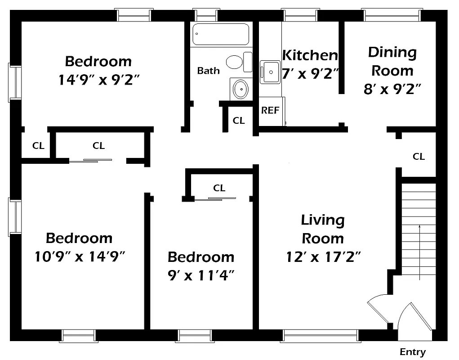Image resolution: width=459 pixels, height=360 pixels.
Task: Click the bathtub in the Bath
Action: (221, 34)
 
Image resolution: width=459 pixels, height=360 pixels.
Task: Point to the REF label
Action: (270, 110)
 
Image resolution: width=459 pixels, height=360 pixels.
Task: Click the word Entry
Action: (412, 352)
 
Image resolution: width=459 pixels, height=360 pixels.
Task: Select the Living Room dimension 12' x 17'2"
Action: (323, 257)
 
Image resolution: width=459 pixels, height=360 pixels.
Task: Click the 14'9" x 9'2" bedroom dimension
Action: (98, 80)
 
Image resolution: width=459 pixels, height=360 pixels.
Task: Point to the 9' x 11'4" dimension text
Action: (201, 274)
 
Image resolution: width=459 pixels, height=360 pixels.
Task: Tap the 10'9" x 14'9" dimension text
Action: (79, 256)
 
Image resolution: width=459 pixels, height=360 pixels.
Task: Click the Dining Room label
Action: (392, 61)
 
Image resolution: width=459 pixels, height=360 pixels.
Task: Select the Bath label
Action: (209, 71)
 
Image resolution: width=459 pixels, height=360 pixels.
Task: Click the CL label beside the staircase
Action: (419, 157)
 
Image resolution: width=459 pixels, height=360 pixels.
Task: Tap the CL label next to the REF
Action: (239, 121)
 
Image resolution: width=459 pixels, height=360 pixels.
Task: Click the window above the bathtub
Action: (206, 15)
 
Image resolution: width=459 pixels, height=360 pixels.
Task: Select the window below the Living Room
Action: (320, 336)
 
